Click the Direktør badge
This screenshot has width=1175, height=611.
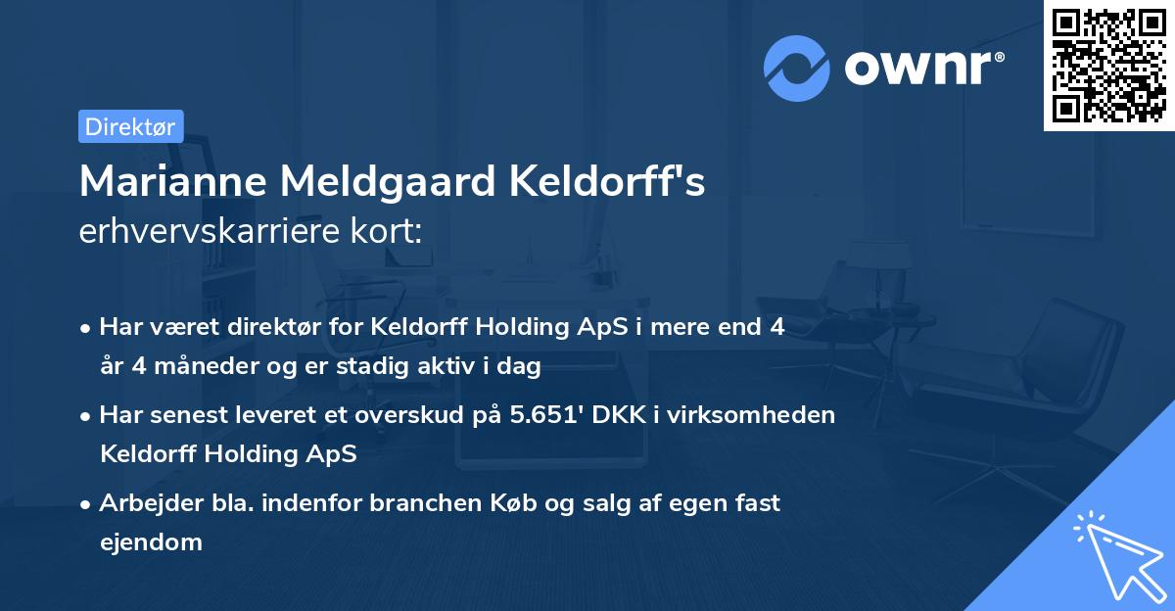click(x=130, y=126)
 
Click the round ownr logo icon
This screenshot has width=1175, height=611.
click(x=797, y=68)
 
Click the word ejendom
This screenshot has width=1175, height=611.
click(x=151, y=541)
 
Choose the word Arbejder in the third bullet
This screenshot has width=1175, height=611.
click(x=141, y=503)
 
